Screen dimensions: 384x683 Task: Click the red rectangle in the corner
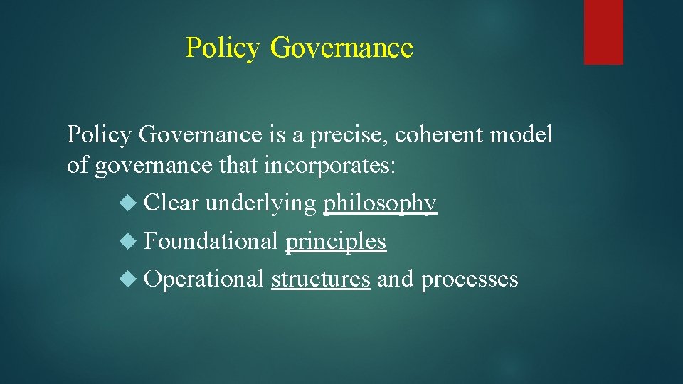[x=603, y=32]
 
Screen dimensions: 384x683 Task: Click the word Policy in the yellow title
[x=223, y=48]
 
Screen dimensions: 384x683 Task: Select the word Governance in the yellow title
[x=341, y=48]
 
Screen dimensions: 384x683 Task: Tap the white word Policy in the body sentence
[x=100, y=134]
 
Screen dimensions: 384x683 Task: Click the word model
[x=525, y=134]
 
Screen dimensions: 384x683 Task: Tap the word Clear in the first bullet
[x=171, y=203]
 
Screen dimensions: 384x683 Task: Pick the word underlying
[x=260, y=203]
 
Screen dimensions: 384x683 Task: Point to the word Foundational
[x=211, y=241]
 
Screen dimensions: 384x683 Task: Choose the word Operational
[x=204, y=279]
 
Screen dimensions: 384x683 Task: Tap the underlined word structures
[x=321, y=279]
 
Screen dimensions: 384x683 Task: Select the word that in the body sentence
[x=237, y=166]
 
